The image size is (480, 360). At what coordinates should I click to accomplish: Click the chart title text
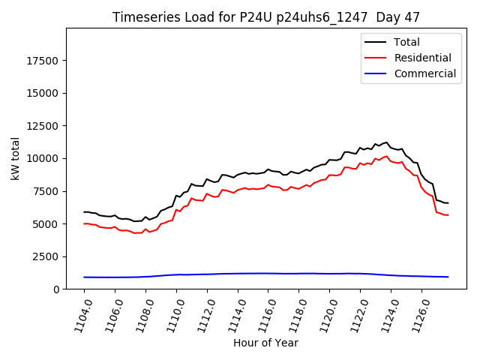(x=266, y=17)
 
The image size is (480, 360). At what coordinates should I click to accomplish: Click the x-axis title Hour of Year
(x=265, y=343)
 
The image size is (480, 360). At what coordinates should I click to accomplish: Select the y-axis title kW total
(x=15, y=158)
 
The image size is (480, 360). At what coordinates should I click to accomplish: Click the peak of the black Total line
(x=387, y=142)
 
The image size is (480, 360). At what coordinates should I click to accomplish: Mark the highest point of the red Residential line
(x=387, y=156)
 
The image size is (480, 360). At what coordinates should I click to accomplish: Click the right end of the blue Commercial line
(x=448, y=277)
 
